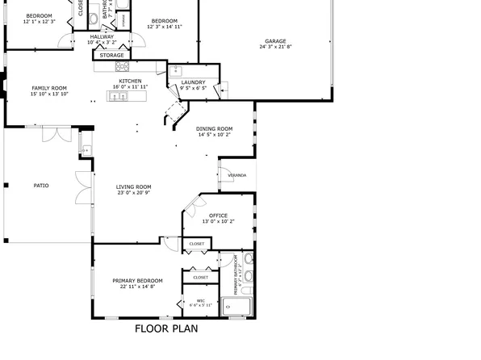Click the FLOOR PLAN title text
click(166, 329)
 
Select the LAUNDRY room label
click(193, 82)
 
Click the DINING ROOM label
click(215, 128)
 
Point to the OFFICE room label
click(218, 216)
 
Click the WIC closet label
click(200, 300)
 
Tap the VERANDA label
click(236, 174)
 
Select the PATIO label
click(40, 186)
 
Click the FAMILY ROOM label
click(48, 88)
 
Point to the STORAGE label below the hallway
click(111, 55)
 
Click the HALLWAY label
click(102, 36)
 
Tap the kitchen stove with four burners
click(123, 66)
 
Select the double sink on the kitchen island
click(118, 96)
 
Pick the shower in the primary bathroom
click(238, 305)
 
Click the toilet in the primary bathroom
click(249, 275)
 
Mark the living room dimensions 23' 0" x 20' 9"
click(134, 194)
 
